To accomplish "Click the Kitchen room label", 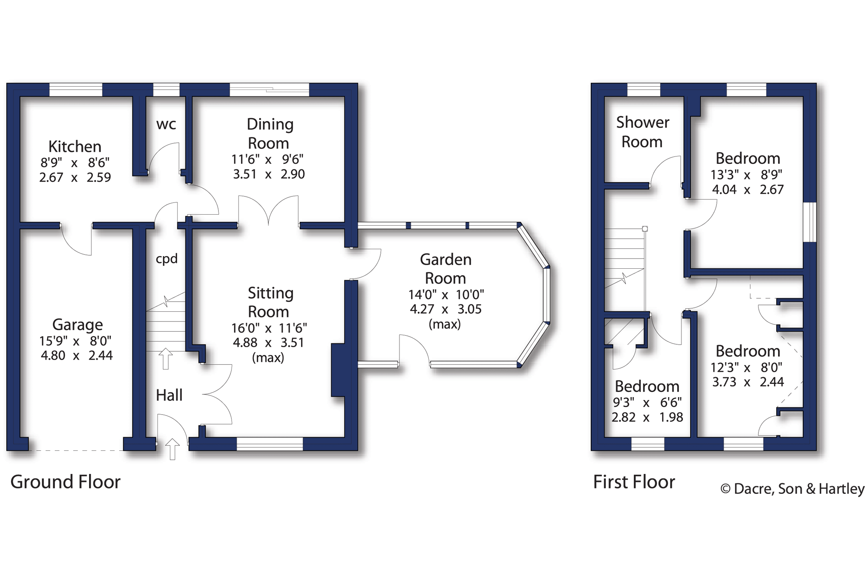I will click(x=75, y=146).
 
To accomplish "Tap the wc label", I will click(x=166, y=124).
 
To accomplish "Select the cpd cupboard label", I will click(x=166, y=259).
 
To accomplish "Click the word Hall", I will click(x=169, y=395).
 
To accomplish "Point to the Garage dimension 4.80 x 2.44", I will click(x=76, y=356).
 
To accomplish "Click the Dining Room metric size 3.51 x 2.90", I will click(x=269, y=174).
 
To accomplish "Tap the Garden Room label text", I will click(x=446, y=269).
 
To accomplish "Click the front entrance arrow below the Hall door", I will click(x=173, y=449).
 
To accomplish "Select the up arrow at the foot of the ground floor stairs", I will click(x=166, y=359).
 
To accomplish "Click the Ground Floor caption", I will click(x=65, y=482).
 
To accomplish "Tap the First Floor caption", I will click(x=633, y=482).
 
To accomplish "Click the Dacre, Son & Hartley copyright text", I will click(x=792, y=489).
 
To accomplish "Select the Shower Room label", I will click(x=642, y=132).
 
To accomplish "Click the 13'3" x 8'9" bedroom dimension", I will click(x=746, y=175).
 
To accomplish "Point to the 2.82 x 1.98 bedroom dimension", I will click(x=647, y=417).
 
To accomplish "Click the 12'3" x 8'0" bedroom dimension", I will click(x=746, y=368).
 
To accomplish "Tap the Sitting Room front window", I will click(x=270, y=444).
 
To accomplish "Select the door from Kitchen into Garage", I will click(x=76, y=240).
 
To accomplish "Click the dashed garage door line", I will click(x=76, y=450).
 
